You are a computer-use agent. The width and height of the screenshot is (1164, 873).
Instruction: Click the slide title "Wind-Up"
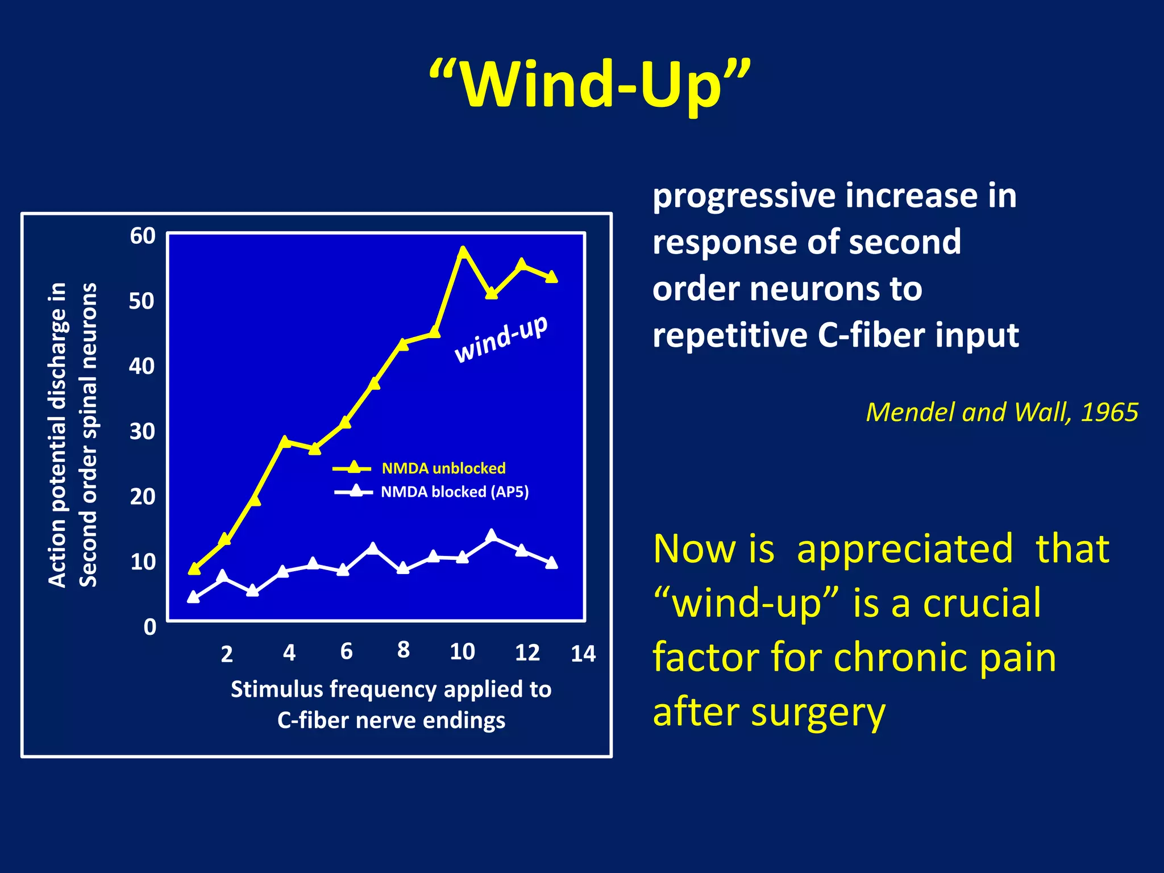(589, 85)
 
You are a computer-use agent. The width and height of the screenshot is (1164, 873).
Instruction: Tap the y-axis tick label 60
(142, 236)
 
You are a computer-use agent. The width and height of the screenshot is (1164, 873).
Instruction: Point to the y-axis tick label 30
(142, 432)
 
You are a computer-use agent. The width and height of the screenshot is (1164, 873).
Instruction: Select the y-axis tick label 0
(149, 627)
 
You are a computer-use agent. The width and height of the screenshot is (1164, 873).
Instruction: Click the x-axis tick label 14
(583, 654)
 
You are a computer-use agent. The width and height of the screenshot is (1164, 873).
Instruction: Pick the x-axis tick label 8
(403, 650)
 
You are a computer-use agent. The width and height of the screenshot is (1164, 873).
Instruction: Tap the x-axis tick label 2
(226, 654)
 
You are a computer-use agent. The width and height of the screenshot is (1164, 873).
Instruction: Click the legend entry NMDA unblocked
(443, 468)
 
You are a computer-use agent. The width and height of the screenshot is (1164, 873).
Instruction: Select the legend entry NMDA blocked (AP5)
(455, 492)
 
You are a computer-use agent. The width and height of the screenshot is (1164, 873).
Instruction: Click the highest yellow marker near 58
(463, 252)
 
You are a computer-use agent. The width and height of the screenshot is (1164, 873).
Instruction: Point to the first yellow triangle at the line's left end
(194, 569)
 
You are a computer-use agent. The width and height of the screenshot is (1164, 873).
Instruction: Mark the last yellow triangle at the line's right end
(551, 277)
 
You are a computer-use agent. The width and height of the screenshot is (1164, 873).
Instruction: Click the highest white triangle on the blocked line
(492, 535)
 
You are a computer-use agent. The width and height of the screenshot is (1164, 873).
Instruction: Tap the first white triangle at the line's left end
(193, 597)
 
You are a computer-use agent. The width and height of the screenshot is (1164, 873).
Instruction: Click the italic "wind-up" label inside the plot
(501, 339)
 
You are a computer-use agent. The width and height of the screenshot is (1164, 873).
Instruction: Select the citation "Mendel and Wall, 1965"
(1001, 412)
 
